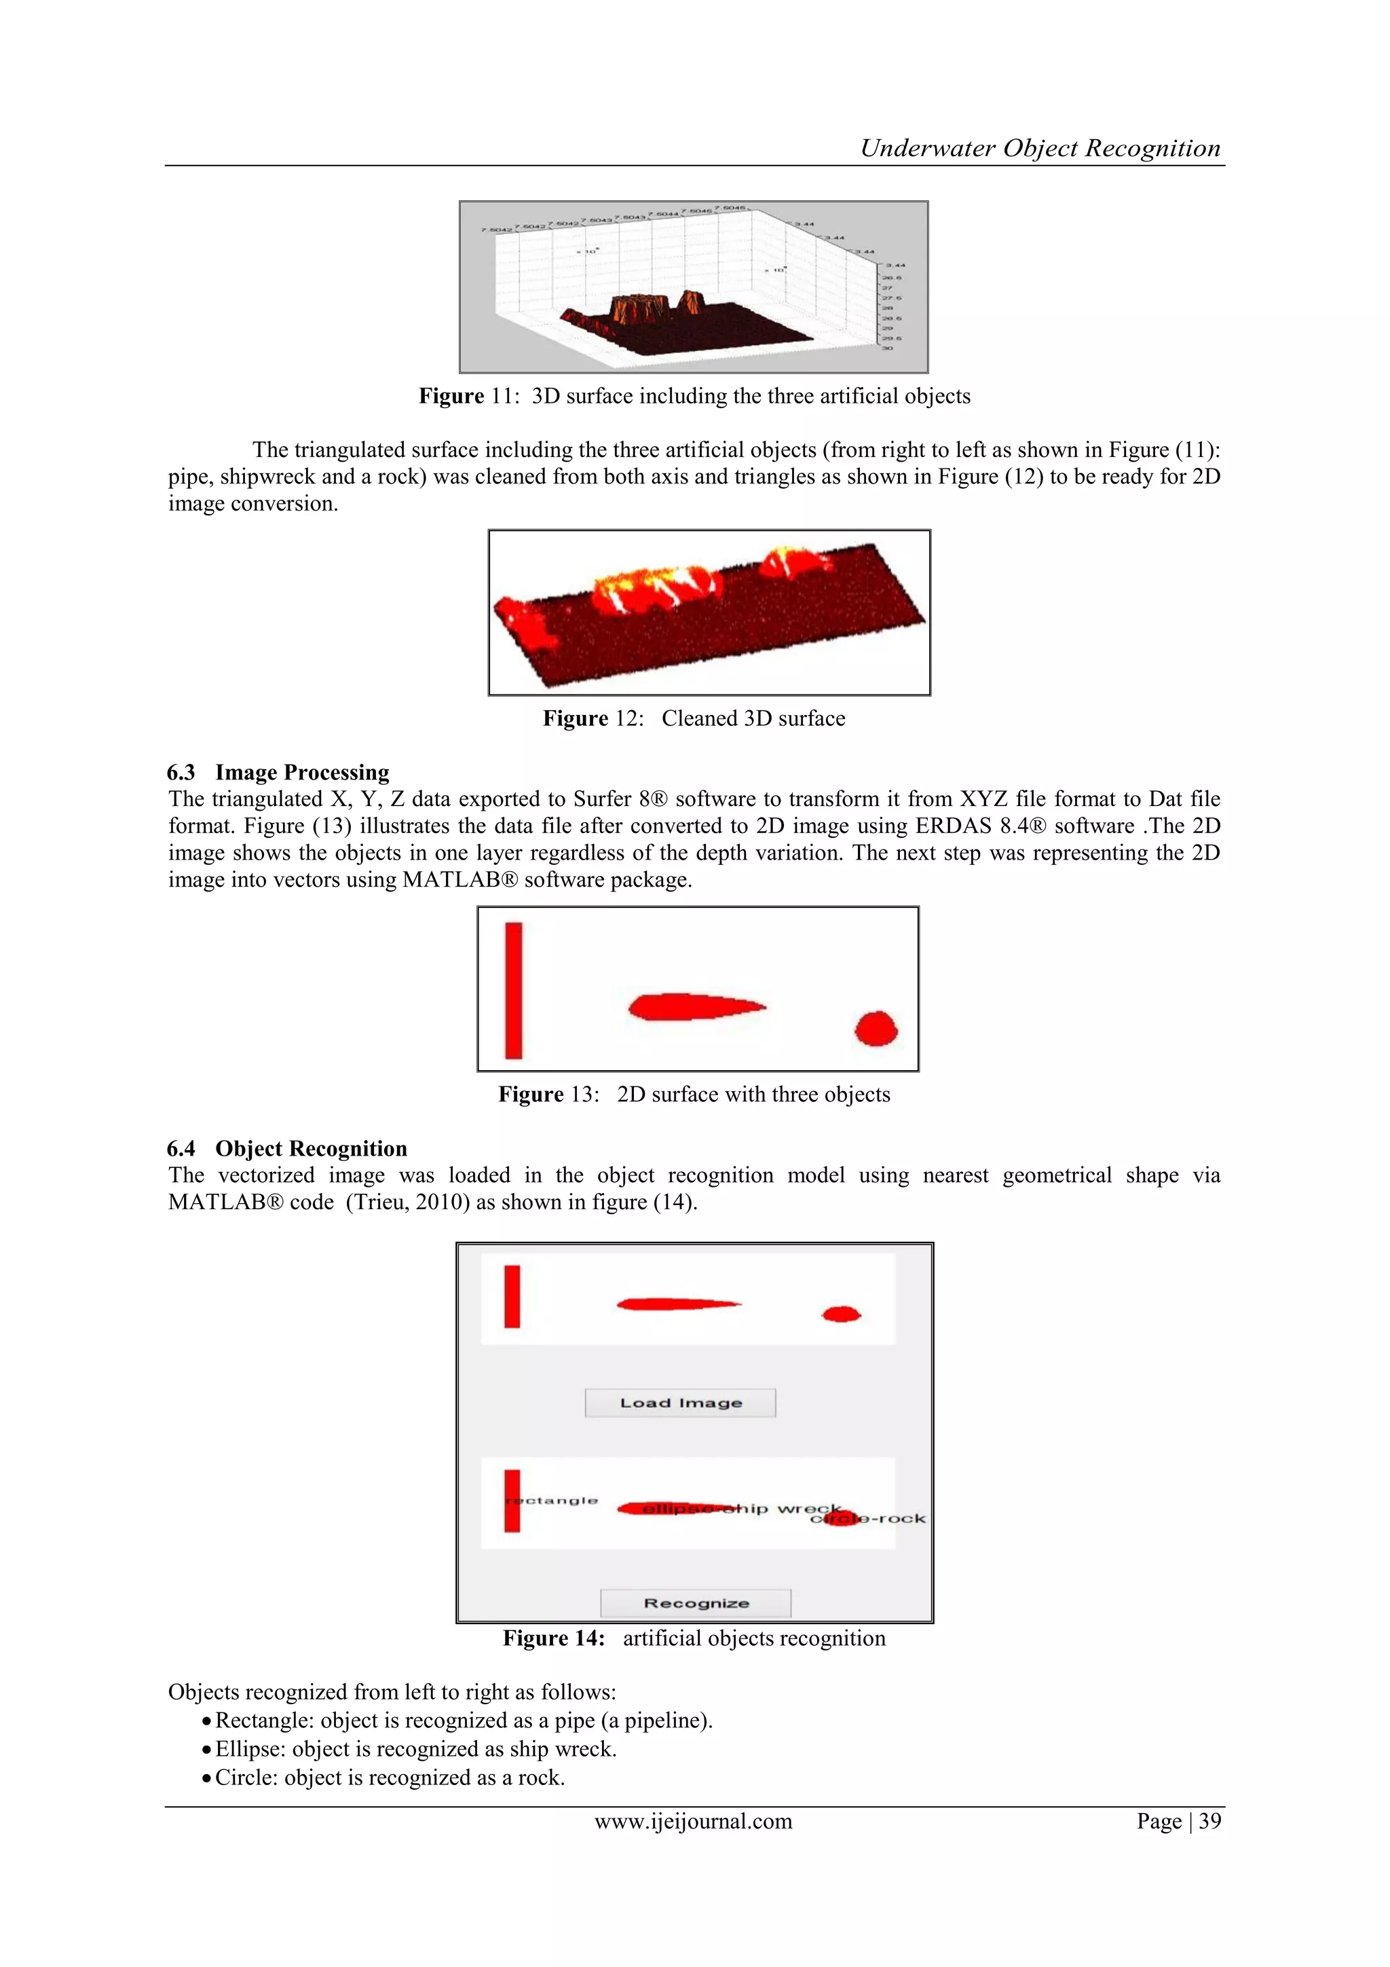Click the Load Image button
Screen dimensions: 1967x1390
680,1403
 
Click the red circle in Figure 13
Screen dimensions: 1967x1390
876,1028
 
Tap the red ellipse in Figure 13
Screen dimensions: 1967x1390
694,1007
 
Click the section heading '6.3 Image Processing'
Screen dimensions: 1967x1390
278,772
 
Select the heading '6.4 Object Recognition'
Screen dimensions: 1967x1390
287,1148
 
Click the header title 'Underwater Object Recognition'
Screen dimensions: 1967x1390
1040,148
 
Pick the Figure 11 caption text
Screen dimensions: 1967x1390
694,396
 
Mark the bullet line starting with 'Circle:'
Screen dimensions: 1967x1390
390,1777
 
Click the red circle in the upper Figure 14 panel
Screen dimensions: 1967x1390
841,1313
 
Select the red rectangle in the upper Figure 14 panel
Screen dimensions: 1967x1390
512,1296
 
